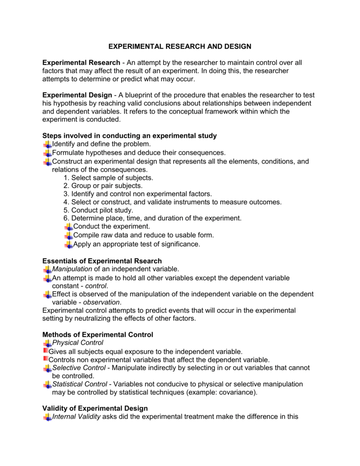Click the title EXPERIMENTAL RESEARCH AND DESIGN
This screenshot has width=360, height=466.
(x=180, y=46)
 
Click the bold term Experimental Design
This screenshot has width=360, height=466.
(x=77, y=95)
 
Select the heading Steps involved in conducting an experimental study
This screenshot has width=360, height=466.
(x=129, y=136)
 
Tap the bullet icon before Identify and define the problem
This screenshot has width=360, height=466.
(x=47, y=144)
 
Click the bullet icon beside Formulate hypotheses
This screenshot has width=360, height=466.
(x=47, y=153)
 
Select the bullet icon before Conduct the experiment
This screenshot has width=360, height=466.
(x=68, y=227)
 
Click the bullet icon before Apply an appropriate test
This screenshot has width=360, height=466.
(x=68, y=244)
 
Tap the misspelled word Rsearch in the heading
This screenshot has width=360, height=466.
(x=147, y=261)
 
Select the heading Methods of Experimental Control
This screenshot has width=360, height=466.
(x=97, y=334)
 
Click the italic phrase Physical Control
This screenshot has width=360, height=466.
(x=78, y=343)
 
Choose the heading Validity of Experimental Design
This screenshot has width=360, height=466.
(x=95, y=408)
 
